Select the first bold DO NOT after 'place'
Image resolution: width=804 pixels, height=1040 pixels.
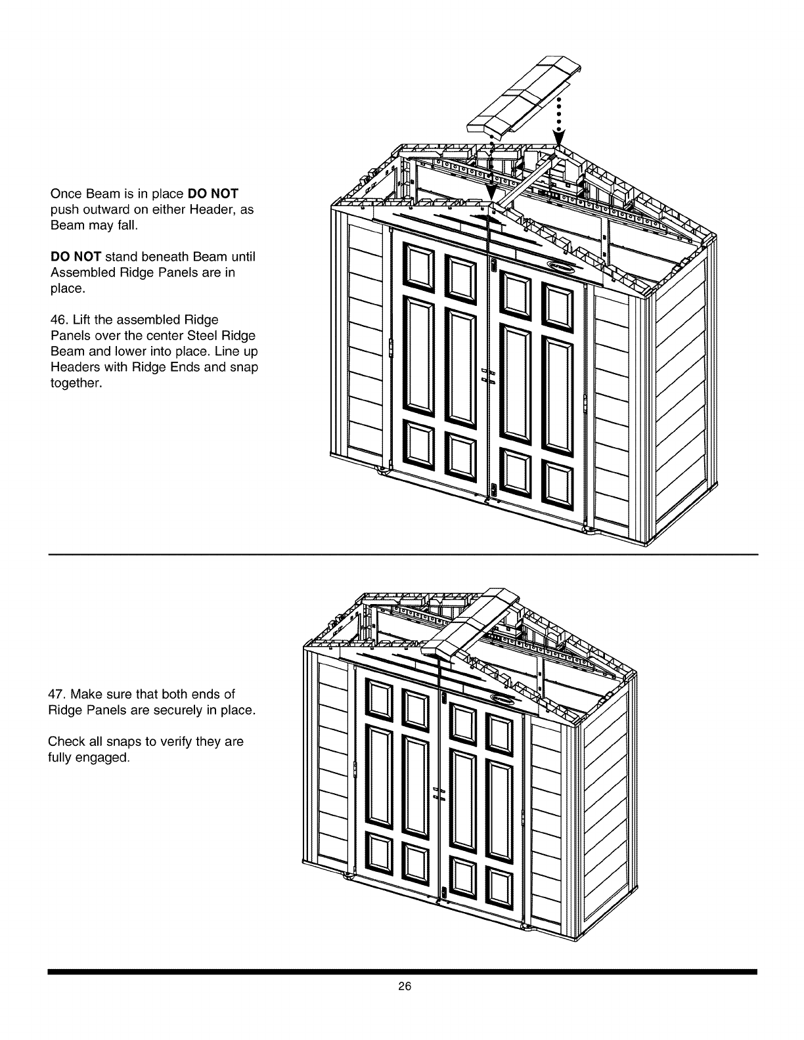(213, 194)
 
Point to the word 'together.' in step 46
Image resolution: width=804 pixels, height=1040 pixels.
(76, 383)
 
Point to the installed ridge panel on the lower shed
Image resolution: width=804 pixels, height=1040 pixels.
(468, 620)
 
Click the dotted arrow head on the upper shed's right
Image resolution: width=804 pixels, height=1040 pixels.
(558, 140)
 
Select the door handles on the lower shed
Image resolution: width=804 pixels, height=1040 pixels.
(439, 792)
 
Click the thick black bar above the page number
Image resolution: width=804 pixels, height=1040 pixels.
(402, 971)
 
